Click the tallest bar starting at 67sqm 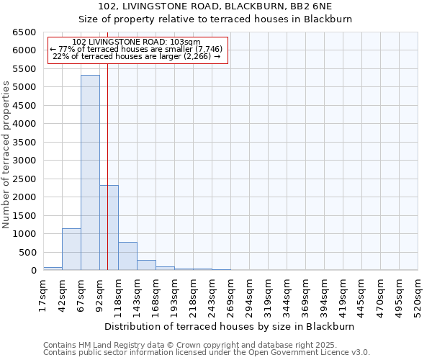click(x=90, y=173)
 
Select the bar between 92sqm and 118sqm click(x=109, y=228)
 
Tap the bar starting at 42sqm click(x=71, y=249)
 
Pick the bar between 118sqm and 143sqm click(x=127, y=256)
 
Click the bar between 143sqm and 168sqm click(x=146, y=265)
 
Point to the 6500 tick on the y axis click(x=23, y=32)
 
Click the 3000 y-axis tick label click(x=23, y=161)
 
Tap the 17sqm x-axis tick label click(x=43, y=295)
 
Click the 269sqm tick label click(x=230, y=295)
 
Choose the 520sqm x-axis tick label click(x=418, y=295)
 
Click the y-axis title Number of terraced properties click(x=6, y=155)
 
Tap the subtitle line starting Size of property click(x=215, y=19)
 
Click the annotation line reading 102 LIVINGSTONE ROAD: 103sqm click(x=137, y=42)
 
